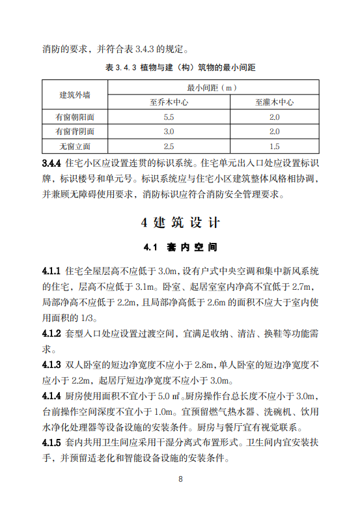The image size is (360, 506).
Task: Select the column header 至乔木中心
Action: (168, 102)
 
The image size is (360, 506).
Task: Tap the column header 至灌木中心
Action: (274, 102)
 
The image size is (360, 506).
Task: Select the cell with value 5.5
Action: (169, 117)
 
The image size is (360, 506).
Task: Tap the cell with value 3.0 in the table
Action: (169, 132)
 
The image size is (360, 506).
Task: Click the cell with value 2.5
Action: (169, 147)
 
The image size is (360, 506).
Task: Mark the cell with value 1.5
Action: (274, 147)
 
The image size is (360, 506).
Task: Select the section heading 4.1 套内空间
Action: (180, 248)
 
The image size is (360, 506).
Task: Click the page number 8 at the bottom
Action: (180, 480)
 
